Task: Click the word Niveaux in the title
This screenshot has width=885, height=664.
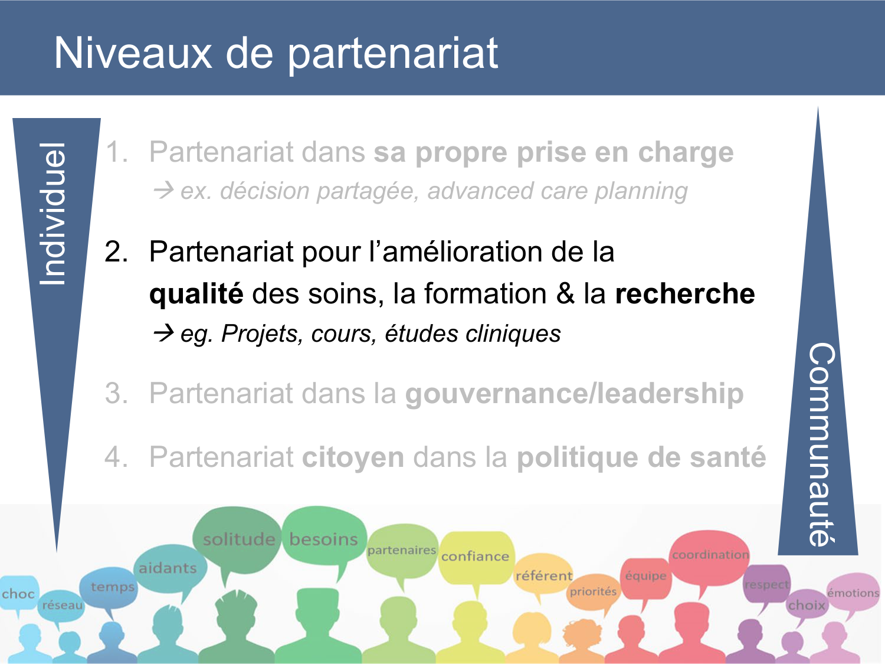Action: (x=133, y=53)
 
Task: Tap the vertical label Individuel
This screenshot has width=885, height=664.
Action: (x=53, y=214)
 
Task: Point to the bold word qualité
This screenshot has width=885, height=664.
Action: (x=196, y=294)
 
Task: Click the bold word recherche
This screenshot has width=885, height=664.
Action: (x=684, y=294)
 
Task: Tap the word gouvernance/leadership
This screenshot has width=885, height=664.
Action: (x=573, y=394)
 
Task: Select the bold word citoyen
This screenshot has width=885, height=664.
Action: (x=353, y=457)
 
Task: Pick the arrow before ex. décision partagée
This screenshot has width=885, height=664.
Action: (x=163, y=191)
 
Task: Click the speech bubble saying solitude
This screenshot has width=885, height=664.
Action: (x=238, y=539)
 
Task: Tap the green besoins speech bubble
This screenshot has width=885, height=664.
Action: (x=323, y=539)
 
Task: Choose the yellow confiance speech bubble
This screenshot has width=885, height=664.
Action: (x=475, y=556)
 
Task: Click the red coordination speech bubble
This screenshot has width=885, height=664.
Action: (x=710, y=555)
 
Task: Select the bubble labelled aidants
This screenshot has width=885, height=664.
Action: (x=168, y=568)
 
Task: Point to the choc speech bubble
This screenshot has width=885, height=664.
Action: (x=18, y=594)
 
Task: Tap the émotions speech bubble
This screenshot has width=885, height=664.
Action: (x=853, y=593)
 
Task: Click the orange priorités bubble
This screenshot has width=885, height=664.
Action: (x=593, y=591)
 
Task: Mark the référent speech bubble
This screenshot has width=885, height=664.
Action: (x=543, y=575)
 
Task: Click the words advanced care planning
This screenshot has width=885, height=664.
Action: (x=558, y=191)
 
